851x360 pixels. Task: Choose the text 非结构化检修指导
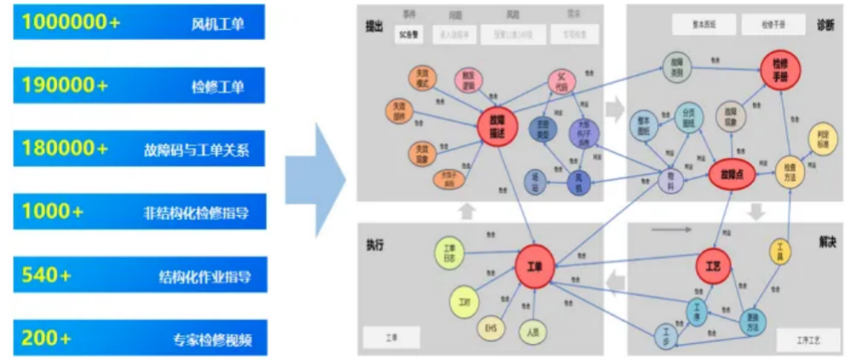203,212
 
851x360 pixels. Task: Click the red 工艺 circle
713,265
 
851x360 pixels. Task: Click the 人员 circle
532,332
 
